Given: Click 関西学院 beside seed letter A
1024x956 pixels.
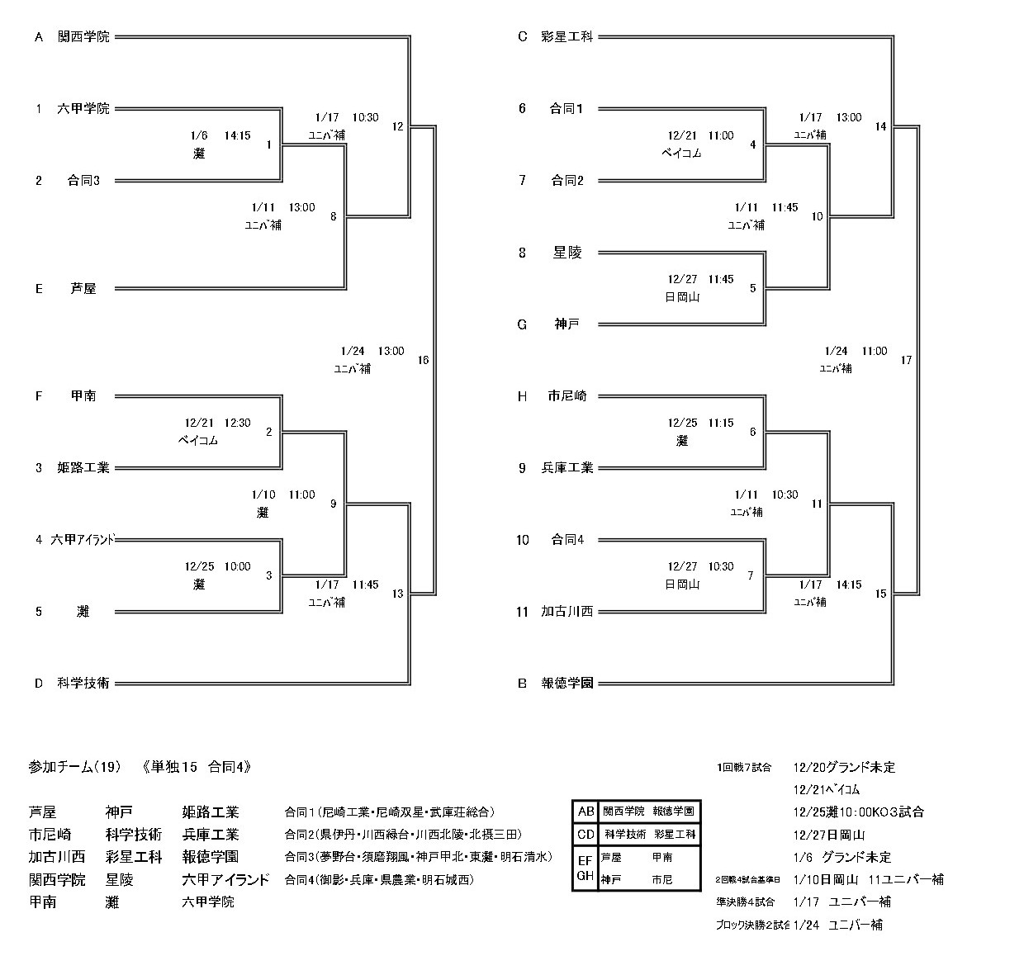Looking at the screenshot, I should [x=83, y=37].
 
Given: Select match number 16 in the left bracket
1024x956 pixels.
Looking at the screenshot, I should [x=423, y=360].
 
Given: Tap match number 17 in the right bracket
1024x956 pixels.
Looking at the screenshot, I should [x=906, y=360].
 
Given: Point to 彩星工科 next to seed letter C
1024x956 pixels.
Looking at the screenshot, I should [x=567, y=37].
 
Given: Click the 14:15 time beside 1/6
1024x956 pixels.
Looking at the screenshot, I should [x=237, y=135].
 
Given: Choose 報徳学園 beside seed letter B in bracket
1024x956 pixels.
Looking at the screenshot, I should [x=567, y=683].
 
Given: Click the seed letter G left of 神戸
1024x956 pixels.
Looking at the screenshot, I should [x=522, y=324].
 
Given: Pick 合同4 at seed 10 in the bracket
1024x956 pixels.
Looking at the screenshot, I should [x=567, y=540].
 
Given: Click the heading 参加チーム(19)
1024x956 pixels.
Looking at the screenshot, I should [x=75, y=767].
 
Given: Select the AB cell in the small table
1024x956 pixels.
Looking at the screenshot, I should [x=585, y=812].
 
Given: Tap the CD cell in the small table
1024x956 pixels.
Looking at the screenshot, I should [x=585, y=835].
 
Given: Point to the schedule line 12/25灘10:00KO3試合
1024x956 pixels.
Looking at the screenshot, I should [x=858, y=812].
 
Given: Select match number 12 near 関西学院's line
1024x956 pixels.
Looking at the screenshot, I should [x=398, y=127].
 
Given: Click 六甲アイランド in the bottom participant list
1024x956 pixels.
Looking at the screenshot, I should [x=225, y=880].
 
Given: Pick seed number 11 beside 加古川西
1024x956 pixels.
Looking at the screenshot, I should [x=522, y=612].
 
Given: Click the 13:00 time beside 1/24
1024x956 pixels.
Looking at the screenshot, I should [x=391, y=351].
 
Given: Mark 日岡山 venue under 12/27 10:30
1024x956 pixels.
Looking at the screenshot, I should [x=682, y=584].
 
